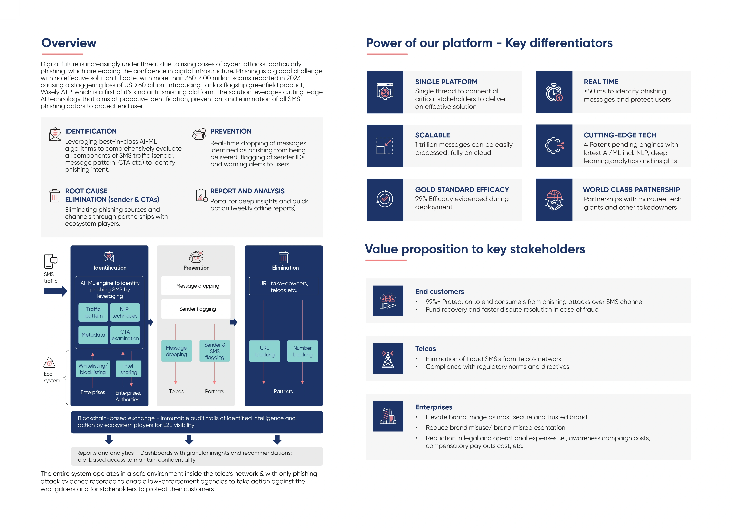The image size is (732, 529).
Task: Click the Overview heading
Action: click(x=69, y=43)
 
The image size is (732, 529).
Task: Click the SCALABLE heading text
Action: click(x=433, y=135)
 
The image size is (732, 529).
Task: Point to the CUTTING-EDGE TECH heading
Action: click(x=620, y=135)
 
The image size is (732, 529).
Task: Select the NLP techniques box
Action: click(x=125, y=312)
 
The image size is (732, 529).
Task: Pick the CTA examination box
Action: click(x=125, y=335)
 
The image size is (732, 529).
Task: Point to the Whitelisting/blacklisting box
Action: click(x=93, y=369)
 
